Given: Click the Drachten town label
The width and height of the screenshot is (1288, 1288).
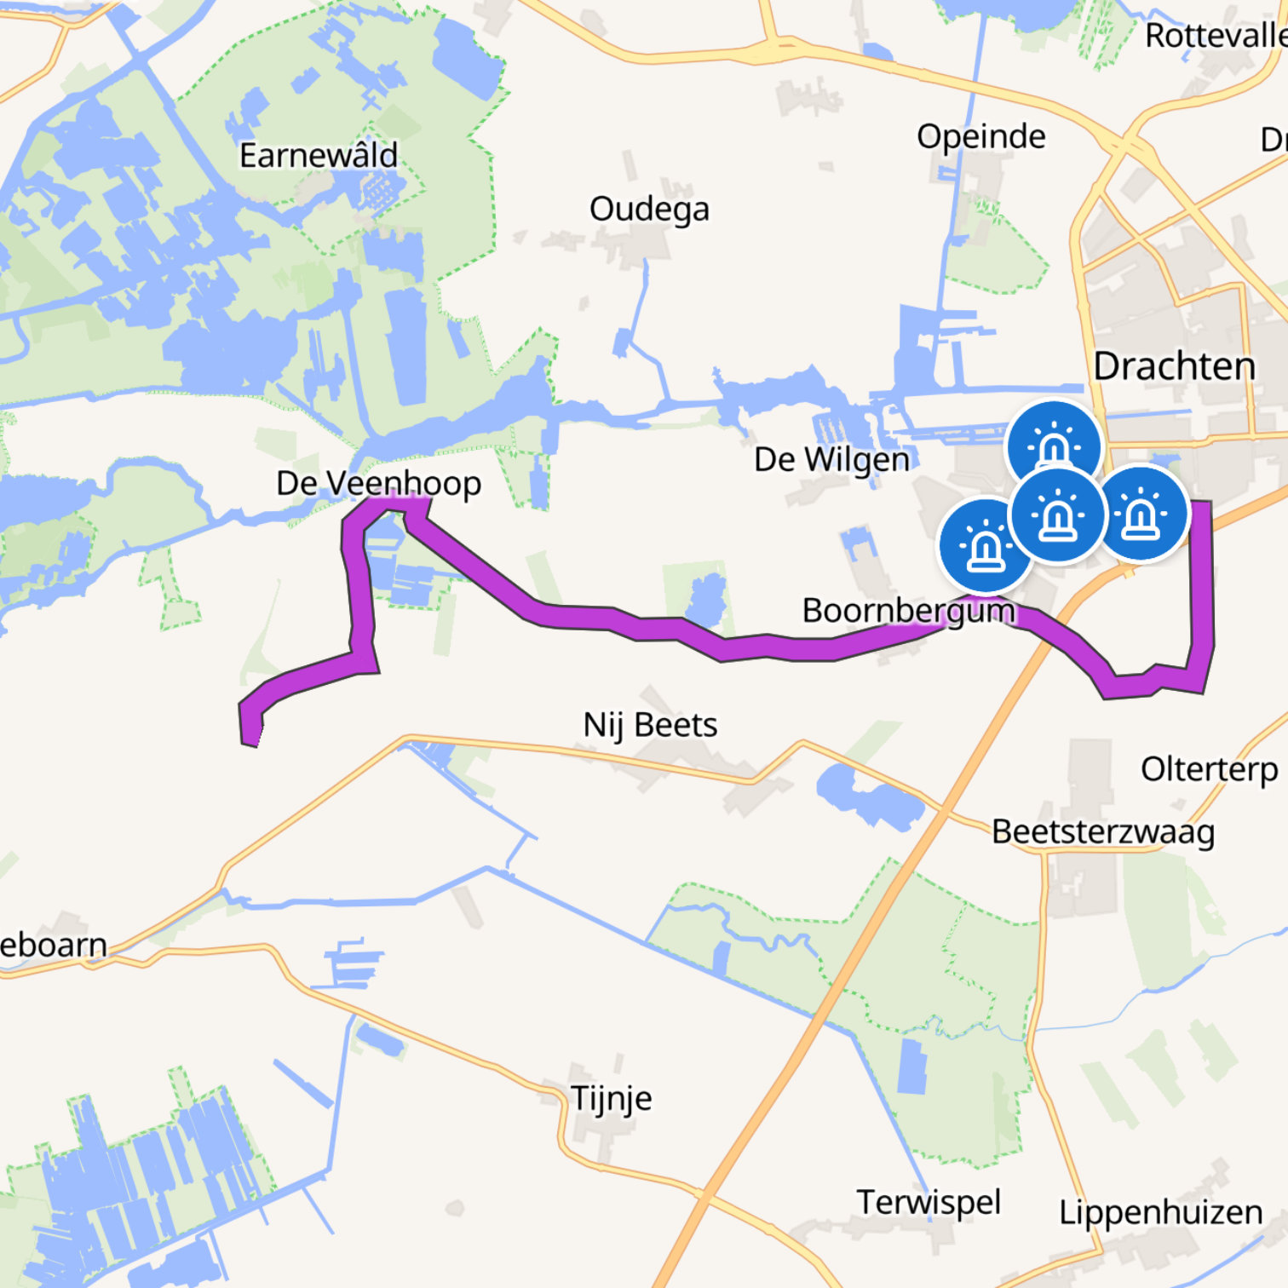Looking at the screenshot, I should [1174, 366].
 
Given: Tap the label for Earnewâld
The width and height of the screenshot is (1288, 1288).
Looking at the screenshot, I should [319, 156].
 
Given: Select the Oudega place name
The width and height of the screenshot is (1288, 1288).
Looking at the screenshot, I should [649, 210].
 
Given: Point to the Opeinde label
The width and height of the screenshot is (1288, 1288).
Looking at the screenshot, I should [980, 136].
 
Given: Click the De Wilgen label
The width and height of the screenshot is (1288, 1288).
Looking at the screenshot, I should [831, 460].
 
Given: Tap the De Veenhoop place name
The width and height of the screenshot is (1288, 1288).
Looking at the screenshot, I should [378, 484].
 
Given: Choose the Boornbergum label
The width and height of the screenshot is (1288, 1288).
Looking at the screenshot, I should [908, 611].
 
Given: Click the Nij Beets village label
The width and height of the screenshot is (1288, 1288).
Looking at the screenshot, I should [650, 726].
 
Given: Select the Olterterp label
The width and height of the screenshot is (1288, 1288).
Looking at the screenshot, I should [1209, 769].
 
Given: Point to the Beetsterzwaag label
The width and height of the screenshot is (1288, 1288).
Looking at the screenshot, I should [1103, 832].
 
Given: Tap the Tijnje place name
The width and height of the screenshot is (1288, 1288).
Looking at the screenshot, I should [611, 1098].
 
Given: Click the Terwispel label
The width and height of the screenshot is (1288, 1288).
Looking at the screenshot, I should [929, 1203].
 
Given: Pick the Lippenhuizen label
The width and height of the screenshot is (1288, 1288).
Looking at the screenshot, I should [1160, 1212].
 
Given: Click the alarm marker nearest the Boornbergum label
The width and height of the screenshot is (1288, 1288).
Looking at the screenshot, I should [986, 545].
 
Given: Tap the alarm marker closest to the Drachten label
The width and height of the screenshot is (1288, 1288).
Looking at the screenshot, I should [1054, 446].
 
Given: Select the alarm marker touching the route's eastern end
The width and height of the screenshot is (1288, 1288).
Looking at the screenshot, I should [1141, 514].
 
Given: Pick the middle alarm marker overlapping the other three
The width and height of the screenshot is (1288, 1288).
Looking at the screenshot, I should [1057, 515].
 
